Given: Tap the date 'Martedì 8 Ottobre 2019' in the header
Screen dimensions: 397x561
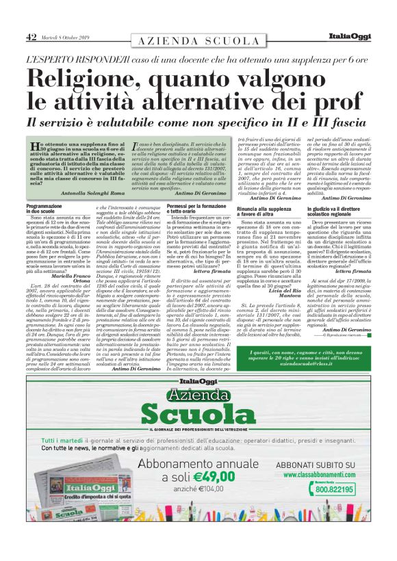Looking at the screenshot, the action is coord(71,38).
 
